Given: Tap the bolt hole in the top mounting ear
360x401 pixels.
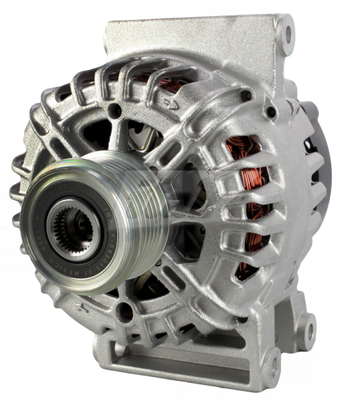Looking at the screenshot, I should (x=287, y=31).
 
